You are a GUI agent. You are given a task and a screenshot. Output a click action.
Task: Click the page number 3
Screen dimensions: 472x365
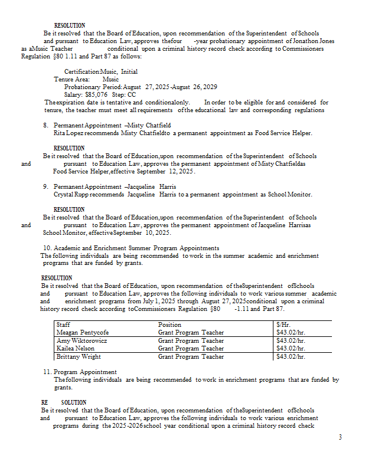coord(340,437)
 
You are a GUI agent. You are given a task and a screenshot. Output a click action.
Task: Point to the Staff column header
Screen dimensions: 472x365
coord(63,324)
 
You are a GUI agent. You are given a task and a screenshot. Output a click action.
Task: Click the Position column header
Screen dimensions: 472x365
coord(170,324)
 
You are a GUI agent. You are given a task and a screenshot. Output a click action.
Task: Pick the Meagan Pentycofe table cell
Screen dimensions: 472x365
coord(82,332)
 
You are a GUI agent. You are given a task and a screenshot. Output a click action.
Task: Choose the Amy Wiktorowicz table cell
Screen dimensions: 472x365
coord(82,340)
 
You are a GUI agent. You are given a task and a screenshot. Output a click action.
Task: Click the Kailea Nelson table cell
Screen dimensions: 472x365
coord(76,348)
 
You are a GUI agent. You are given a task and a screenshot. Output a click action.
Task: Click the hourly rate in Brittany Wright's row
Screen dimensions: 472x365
coord(290,356)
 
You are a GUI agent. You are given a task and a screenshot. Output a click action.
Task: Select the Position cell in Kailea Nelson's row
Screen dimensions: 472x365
coord(191,348)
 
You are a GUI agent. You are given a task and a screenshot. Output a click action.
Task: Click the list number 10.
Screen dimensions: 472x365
coord(47,248)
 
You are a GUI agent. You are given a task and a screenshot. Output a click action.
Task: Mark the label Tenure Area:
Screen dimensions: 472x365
coord(71,79)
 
